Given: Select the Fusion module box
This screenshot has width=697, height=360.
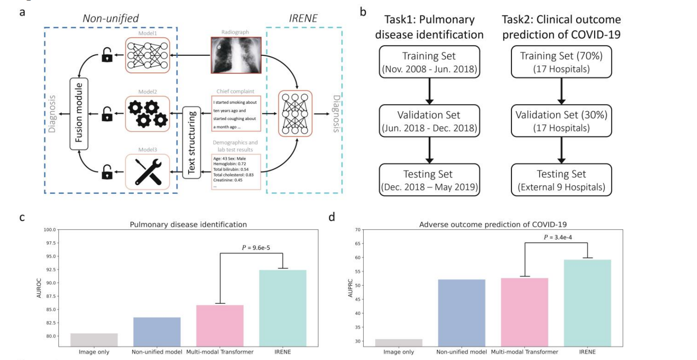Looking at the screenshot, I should [79, 113].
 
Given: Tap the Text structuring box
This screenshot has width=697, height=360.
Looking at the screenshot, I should [192, 142].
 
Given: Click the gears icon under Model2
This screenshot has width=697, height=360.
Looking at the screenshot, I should [147, 113].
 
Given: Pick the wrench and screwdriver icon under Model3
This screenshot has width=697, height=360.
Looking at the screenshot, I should [147, 172].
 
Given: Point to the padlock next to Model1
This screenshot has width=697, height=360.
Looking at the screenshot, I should [107, 55].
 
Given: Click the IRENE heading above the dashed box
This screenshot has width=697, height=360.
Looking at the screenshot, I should [303, 18].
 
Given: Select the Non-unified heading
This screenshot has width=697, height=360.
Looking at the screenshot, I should [110, 18].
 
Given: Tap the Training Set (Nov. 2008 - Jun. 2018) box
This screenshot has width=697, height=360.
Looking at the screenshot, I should [429, 62].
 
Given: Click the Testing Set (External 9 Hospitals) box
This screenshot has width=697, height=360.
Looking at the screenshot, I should [561, 180].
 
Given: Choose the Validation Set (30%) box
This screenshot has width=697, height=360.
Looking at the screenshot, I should [561, 121].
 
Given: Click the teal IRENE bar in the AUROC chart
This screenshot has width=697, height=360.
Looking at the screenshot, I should [283, 308].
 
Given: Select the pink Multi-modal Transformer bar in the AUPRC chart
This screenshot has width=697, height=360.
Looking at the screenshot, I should [525, 312].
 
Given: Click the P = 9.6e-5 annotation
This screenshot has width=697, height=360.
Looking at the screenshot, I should [256, 248].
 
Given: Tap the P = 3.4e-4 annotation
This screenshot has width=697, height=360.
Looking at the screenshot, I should [558, 237].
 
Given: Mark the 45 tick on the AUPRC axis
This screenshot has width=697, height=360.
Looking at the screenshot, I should [357, 299].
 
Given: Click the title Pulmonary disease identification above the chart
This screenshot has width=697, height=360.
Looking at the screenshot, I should [188, 225].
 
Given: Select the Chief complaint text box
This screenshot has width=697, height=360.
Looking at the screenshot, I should [236, 114].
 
